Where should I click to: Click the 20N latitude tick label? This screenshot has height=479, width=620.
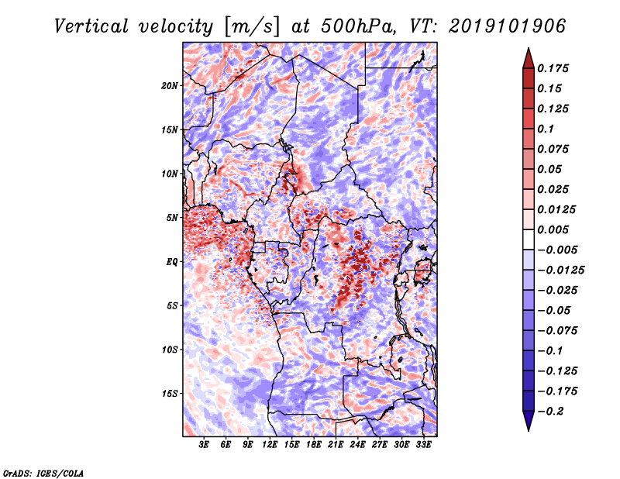coord(170,85)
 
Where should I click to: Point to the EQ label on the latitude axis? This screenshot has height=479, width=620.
coord(172,261)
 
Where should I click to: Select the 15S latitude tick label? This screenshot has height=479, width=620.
coord(170,393)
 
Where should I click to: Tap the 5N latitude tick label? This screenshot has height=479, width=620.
coord(172,218)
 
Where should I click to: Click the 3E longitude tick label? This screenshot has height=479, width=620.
coord(205,445)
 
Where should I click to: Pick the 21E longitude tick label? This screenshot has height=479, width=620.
coord(336,445)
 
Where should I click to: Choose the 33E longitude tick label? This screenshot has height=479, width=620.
coord(423,445)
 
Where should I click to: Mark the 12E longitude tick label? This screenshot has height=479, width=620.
coord(270,445)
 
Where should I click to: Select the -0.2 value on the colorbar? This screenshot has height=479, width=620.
coord(555,411)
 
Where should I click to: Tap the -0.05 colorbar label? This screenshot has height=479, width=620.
coord(555,310)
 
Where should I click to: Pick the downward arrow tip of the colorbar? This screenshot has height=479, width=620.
coord(528,428)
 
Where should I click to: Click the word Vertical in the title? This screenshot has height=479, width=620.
coord(91,26)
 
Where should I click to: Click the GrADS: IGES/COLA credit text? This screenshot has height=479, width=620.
coord(43,472)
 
